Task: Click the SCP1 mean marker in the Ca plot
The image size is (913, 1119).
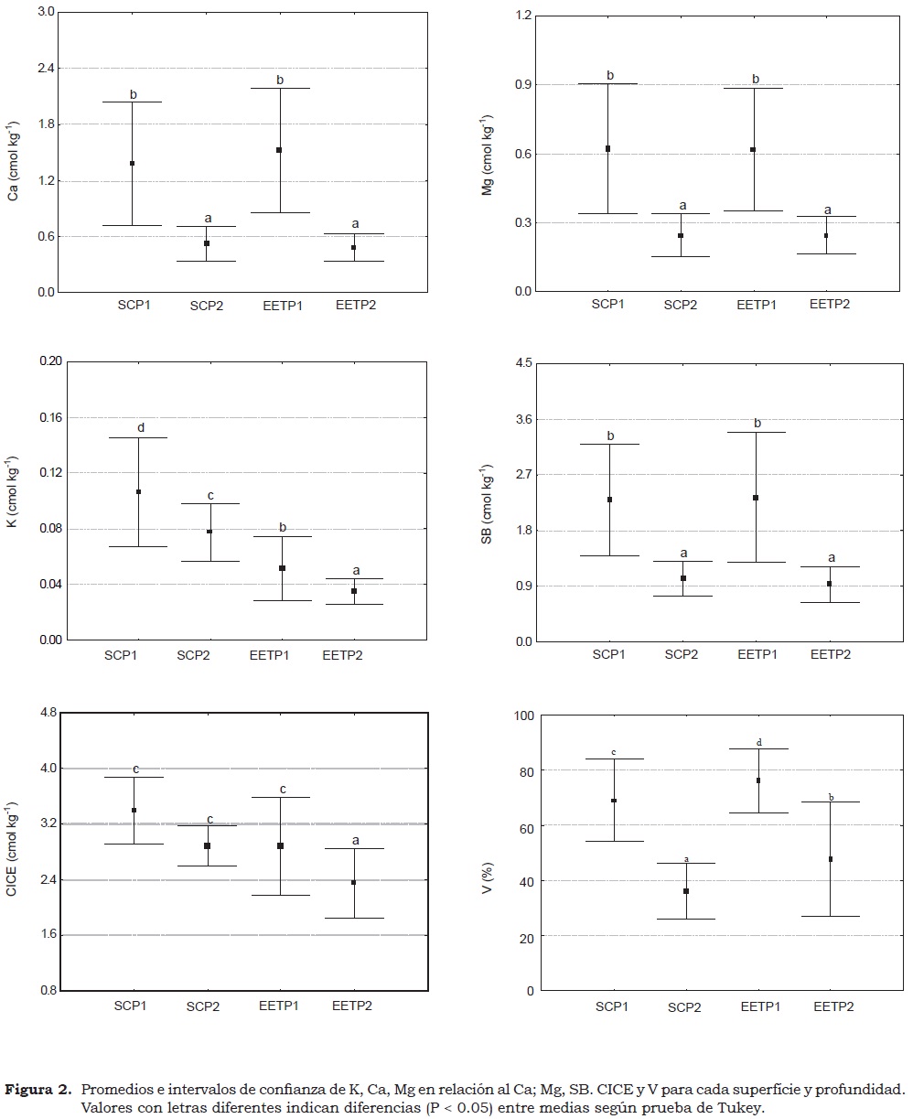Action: point(132,164)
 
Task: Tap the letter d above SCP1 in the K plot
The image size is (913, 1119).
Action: point(140,428)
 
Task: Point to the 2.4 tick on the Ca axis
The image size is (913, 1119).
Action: point(45,69)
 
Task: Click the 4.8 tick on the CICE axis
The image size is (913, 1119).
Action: point(46,713)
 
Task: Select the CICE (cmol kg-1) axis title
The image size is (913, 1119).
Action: point(13,852)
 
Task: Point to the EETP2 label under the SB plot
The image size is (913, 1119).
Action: point(831,654)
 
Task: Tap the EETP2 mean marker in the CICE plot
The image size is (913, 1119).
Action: point(354,882)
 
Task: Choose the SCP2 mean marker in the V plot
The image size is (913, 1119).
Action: point(685,891)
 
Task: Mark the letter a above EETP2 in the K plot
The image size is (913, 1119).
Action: point(355,571)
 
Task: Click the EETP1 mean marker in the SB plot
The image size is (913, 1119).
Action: point(756,498)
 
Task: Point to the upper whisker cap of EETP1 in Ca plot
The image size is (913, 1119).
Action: point(280,88)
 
